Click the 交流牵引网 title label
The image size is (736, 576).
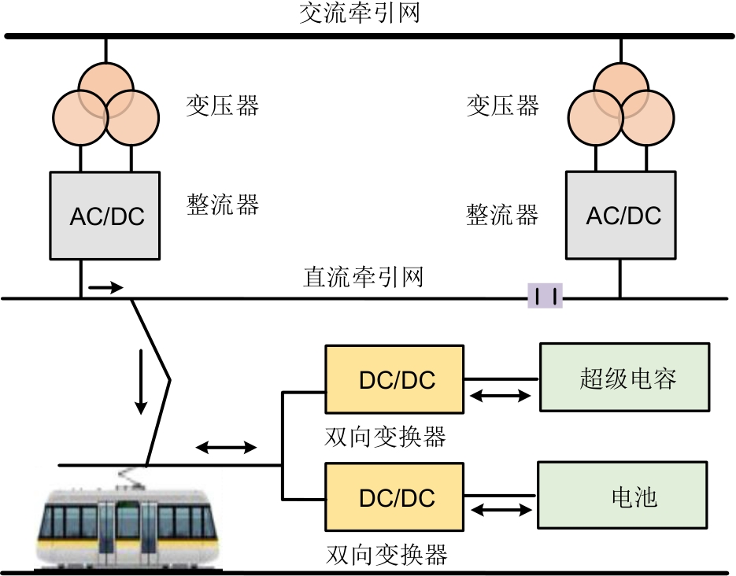pyautogui.click(x=359, y=13)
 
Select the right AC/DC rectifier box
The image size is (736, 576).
pyautogui.click(x=621, y=215)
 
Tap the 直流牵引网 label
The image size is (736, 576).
pyautogui.click(x=363, y=277)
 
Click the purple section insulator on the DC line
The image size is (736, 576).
pyautogui.click(x=545, y=297)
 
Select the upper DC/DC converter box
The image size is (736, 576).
pyautogui.click(x=394, y=379)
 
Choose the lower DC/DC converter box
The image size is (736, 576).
pyautogui.click(x=394, y=498)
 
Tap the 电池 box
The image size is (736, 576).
pyautogui.click(x=623, y=496)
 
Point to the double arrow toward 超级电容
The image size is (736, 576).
pyautogui.click(x=500, y=397)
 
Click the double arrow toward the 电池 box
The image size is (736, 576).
pyautogui.click(x=500, y=511)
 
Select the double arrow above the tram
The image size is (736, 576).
pyautogui.click(x=226, y=448)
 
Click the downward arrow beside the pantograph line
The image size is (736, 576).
pyautogui.click(x=141, y=381)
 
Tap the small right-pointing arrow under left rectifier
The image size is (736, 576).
pyautogui.click(x=105, y=287)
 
